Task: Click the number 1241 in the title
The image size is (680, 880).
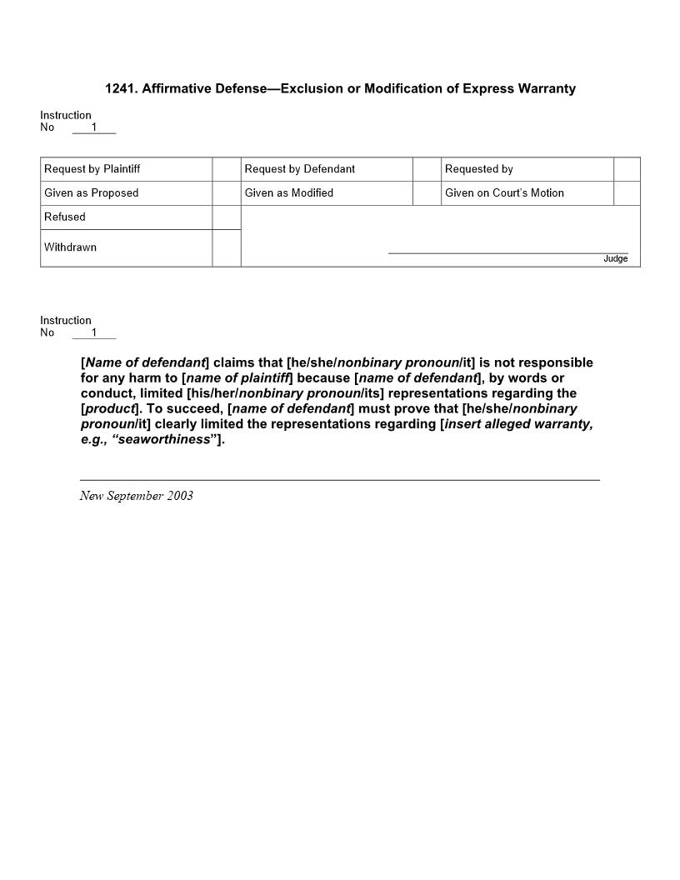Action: [x=120, y=88]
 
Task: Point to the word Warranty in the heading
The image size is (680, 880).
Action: [x=546, y=88]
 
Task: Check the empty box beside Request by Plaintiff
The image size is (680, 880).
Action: [x=227, y=169]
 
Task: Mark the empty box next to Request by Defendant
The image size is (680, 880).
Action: [x=427, y=169]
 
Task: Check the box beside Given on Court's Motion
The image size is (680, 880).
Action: [x=627, y=193]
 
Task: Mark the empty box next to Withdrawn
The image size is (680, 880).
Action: [x=227, y=248]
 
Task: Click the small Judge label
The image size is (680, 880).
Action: [x=616, y=259]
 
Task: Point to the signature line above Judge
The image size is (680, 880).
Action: [x=508, y=252]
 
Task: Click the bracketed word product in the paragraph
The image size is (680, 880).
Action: [x=110, y=408]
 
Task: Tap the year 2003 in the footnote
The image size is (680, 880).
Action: [x=179, y=496]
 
